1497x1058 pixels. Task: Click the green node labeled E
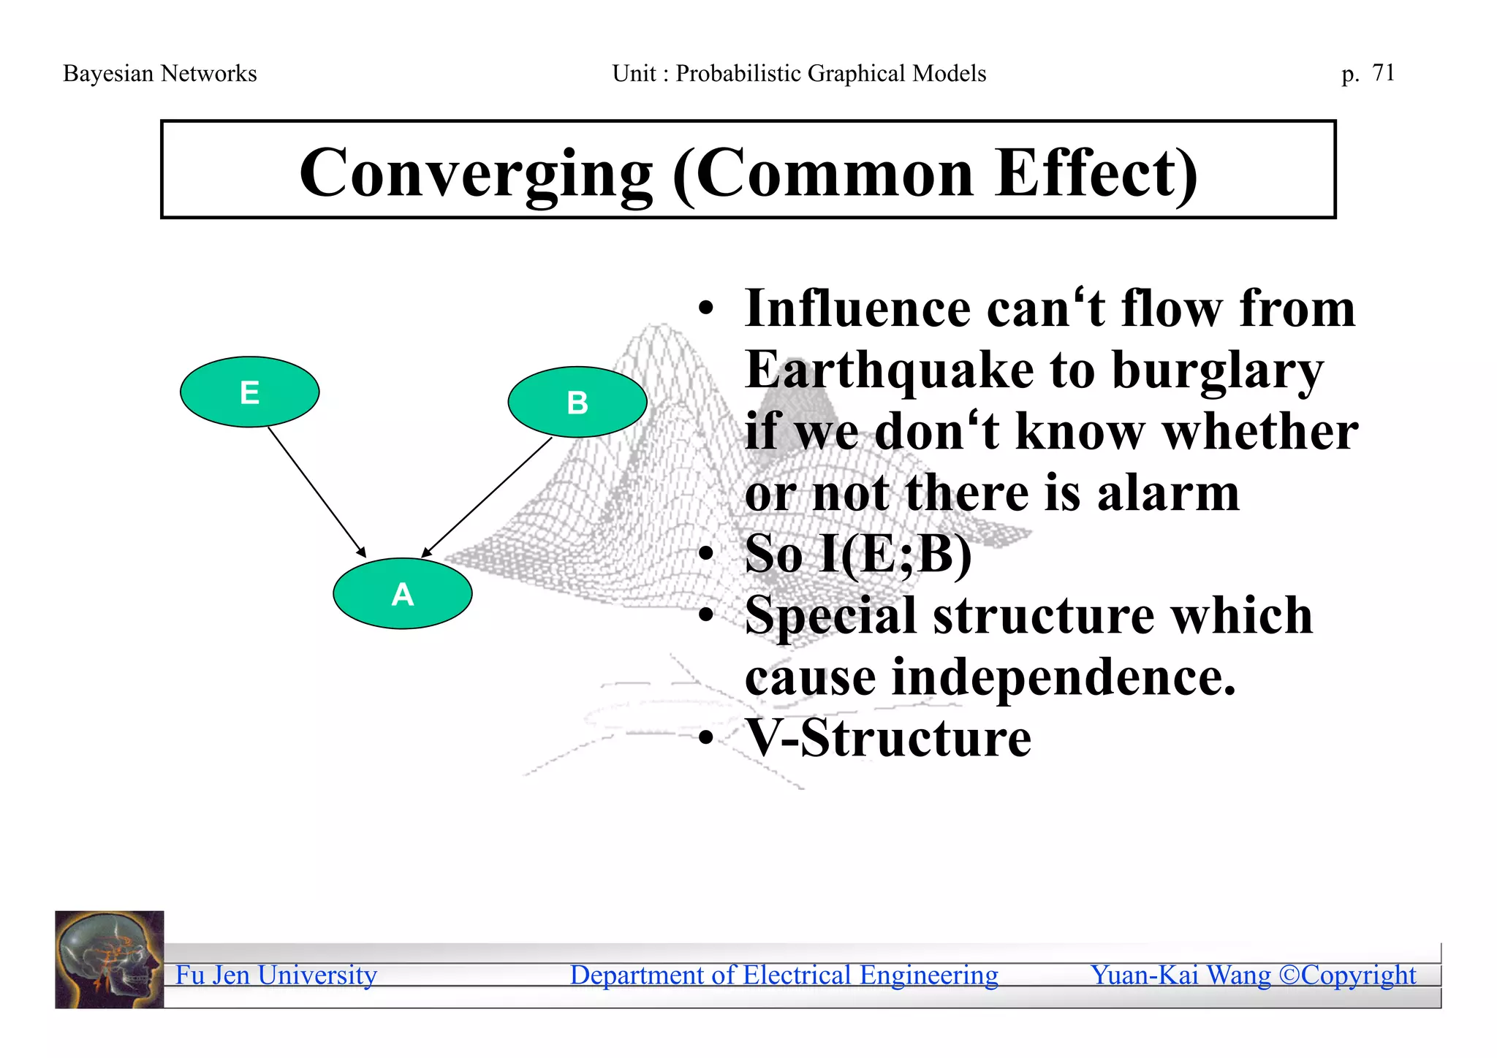click(x=249, y=392)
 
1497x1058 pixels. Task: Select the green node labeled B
click(x=577, y=402)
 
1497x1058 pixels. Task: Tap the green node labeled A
click(x=402, y=593)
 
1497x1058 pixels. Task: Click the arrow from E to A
click(x=316, y=491)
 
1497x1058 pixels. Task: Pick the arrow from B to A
click(x=488, y=497)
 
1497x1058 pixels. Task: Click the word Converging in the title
click(x=476, y=173)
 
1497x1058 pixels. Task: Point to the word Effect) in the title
click(x=1096, y=173)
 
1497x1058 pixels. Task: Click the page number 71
click(x=1383, y=73)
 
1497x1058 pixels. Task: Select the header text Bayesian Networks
click(x=160, y=74)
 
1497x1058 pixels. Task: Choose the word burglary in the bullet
click(x=1217, y=371)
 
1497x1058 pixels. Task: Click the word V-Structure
click(x=887, y=738)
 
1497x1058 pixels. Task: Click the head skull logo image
click(x=110, y=959)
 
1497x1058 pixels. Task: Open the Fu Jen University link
click(x=276, y=975)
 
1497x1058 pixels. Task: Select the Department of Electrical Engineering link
click(x=784, y=975)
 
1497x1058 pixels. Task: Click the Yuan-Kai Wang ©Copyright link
click(x=1253, y=975)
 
